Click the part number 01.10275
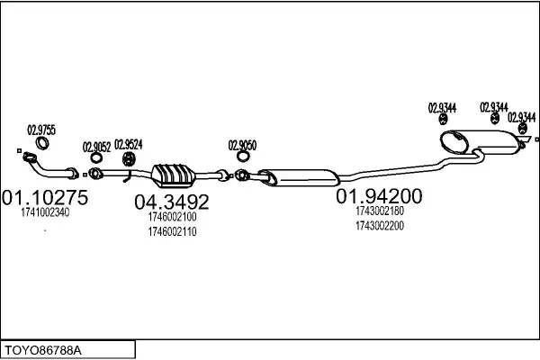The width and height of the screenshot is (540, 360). tap(45, 197)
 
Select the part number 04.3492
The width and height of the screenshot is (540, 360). tap(172, 202)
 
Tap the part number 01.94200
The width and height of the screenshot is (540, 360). tap(379, 196)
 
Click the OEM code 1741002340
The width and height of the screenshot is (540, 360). tap(45, 212)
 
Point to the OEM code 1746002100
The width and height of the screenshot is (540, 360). tap(172, 217)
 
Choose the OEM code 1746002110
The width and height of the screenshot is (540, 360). tap(172, 232)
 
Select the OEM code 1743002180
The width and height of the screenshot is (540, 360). tap(380, 211)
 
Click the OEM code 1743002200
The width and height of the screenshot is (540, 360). tap(380, 226)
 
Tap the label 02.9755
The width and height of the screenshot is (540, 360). tap(41, 130)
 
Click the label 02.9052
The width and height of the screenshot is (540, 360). tap(96, 147)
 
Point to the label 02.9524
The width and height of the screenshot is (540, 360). tap(128, 145)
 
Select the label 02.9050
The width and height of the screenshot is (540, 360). tap(242, 146)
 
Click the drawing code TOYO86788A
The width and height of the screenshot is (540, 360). tap(42, 351)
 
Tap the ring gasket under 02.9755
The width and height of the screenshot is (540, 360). tap(38, 143)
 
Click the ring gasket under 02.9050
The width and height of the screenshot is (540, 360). tap(238, 157)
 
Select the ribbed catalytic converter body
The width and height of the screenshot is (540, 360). tap(174, 175)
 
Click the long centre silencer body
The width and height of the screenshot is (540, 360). tap(299, 178)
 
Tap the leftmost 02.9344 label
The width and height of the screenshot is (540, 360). tap(442, 108)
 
